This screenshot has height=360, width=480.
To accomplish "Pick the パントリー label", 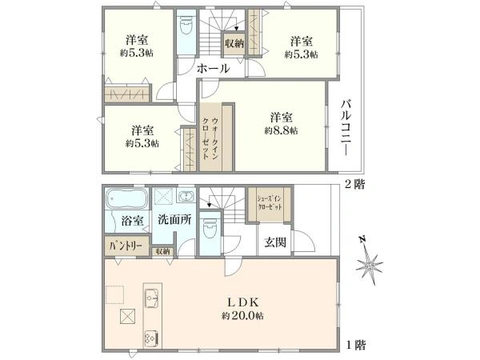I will pos(123,247).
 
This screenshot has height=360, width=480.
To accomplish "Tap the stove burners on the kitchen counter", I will pos(150,336).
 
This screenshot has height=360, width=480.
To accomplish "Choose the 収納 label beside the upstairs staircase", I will pos(234,44).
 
